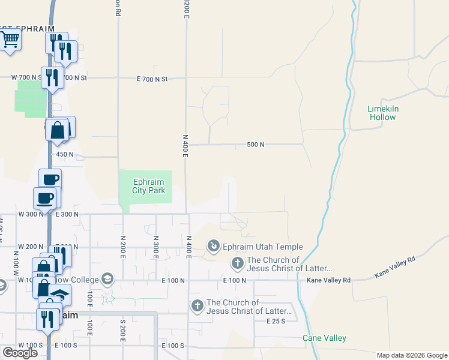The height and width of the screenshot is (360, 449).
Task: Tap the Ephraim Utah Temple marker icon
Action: [x=213, y=246]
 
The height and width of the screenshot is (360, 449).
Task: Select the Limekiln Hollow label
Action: [x=382, y=113]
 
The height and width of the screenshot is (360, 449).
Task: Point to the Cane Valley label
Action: [x=324, y=338]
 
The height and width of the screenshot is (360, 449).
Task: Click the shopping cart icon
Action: [x=10, y=40]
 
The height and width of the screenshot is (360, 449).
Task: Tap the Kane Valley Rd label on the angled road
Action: [x=395, y=266]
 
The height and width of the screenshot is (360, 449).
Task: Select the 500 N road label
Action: [x=256, y=145]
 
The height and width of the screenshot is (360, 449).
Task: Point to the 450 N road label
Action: [x=65, y=154]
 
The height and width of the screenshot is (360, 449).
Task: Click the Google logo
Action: [x=20, y=353]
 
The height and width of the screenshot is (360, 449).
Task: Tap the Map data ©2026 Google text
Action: [x=412, y=355]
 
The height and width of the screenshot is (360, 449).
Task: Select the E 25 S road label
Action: [x=277, y=321]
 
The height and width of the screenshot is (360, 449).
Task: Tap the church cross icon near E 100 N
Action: [x=238, y=263]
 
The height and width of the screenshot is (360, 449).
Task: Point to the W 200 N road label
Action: [x=31, y=247]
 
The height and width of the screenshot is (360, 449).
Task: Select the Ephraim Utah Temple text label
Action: [x=262, y=247]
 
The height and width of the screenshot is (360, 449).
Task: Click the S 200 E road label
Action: [x=123, y=329]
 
